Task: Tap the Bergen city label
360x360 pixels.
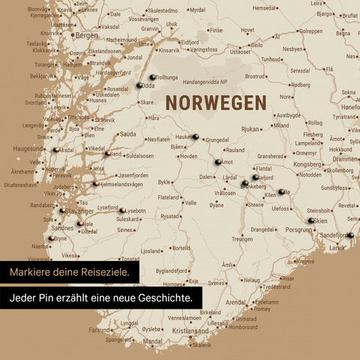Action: pyautogui.click(x=86, y=34)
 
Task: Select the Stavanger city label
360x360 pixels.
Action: pyautogui.click(x=79, y=211)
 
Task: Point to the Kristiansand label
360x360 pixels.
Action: pyautogui.click(x=190, y=330)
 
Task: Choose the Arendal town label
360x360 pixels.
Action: pyautogui.click(x=235, y=302)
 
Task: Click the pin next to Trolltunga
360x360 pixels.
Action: pyautogui.click(x=153, y=76)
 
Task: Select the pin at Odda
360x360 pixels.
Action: pyautogui.click(x=139, y=85)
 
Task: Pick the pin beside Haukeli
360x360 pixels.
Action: pyautogui.click(x=196, y=136)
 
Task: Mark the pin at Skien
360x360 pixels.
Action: pyautogui.click(x=311, y=220)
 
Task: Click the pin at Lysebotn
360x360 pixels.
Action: pyautogui.click(x=121, y=210)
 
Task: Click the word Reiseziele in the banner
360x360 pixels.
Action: pyautogui.click(x=108, y=271)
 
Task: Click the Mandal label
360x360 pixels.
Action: pyautogui.click(x=153, y=340)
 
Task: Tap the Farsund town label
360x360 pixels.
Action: pyautogui.click(x=99, y=329)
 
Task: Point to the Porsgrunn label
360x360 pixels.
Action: pyautogui.click(x=298, y=230)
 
